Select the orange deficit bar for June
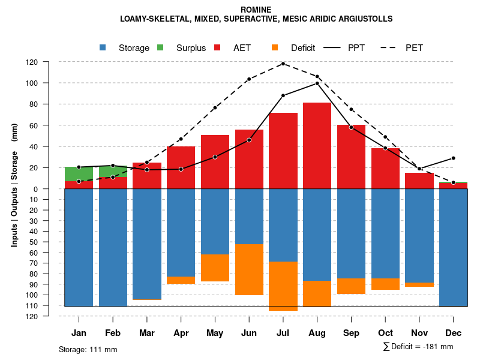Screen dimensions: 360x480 (x=249, y=269)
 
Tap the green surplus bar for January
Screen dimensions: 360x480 (x=79, y=174)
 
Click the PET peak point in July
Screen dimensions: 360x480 (x=283, y=64)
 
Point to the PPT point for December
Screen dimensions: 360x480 (x=453, y=158)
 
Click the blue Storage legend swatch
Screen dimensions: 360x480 (x=104, y=48)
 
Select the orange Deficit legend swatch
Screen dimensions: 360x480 (x=275, y=48)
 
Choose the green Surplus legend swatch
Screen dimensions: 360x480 (x=161, y=48)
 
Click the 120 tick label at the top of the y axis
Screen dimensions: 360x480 (x=49, y=62)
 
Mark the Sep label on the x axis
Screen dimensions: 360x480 (x=351, y=333)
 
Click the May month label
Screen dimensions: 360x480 (x=215, y=333)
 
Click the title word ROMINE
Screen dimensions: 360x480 (x=256, y=10)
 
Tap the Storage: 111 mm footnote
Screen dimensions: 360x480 (x=88, y=349)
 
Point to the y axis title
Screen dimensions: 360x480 (x=14, y=185)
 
